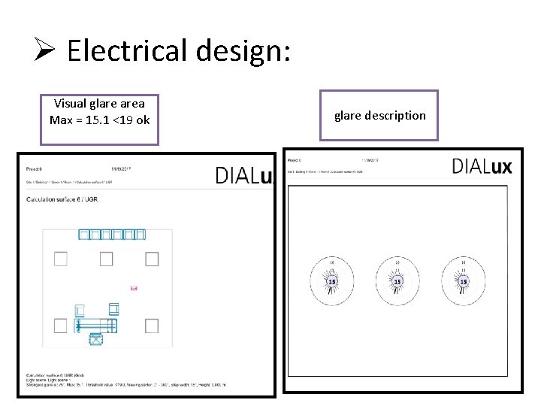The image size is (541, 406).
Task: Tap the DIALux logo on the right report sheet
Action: [x=482, y=166]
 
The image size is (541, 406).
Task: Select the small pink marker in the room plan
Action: [x=134, y=288]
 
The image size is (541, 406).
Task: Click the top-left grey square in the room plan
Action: [x=61, y=259]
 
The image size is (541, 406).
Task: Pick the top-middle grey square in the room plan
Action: [x=106, y=259]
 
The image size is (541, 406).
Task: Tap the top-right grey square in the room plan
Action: [x=152, y=259]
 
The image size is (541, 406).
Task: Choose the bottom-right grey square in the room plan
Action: [x=152, y=326]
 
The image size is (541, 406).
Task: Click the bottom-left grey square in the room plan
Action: [x=61, y=326]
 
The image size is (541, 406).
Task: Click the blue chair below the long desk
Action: [x=95, y=340]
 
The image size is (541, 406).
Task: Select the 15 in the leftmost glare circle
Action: [x=331, y=281]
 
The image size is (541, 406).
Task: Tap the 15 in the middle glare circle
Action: [x=397, y=281]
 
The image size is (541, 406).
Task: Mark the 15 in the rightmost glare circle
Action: [x=463, y=281]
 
